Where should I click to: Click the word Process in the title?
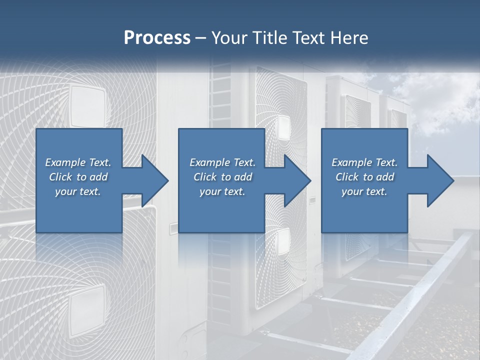click(157, 38)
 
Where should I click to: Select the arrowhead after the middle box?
click(297, 180)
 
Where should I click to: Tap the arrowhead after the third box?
click(439, 180)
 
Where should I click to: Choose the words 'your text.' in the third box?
click(364, 191)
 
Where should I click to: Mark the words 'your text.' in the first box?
click(78, 191)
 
